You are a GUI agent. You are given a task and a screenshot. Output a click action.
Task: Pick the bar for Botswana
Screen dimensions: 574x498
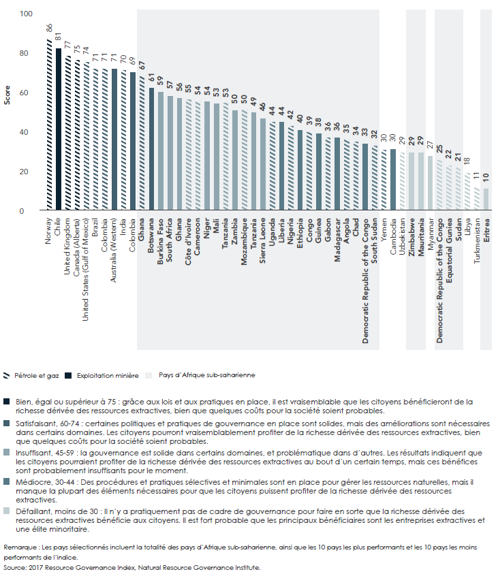click(151, 150)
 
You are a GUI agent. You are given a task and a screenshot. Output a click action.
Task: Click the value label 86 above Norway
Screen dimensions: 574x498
click(49, 28)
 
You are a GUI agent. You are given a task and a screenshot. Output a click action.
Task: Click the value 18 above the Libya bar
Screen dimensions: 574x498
click(467, 162)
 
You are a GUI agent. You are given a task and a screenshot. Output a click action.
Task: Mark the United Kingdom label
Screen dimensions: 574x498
click(68, 248)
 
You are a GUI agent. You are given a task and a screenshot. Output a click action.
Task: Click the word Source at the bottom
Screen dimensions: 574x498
click(14, 566)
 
